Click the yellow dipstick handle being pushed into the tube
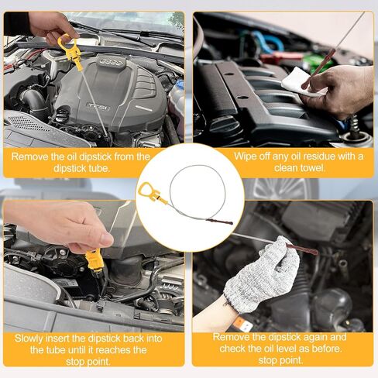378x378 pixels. [94, 260]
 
